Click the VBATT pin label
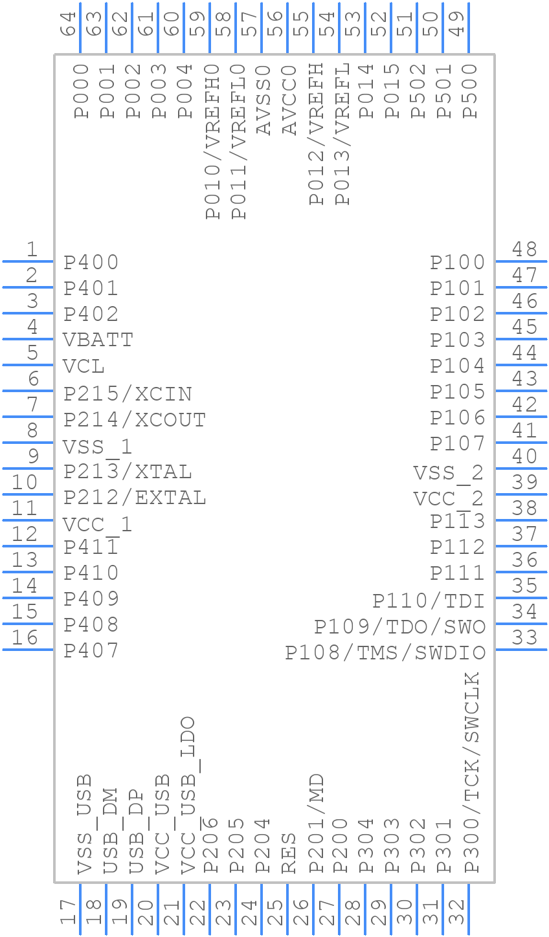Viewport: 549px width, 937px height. click(98, 340)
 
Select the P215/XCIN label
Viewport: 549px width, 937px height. click(128, 393)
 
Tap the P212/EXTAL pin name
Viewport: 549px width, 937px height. click(135, 498)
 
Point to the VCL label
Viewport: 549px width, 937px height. click(84, 366)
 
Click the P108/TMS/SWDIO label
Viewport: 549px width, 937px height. click(385, 652)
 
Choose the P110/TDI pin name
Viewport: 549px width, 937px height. click(429, 601)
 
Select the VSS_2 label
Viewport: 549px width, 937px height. click(449, 473)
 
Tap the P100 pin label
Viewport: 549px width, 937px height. click(458, 262)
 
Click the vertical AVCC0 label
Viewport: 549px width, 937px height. click(289, 100)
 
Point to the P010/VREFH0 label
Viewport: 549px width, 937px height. click(212, 141)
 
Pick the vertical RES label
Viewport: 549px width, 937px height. click(289, 852)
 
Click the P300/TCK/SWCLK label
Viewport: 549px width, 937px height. click(472, 773)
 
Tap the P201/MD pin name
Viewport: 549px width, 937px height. click(316, 823)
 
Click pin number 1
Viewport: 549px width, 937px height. click(31, 249)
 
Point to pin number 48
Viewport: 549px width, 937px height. click(524, 249)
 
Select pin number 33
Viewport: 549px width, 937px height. click(524, 637)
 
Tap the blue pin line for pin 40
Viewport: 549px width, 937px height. click(521, 469)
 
